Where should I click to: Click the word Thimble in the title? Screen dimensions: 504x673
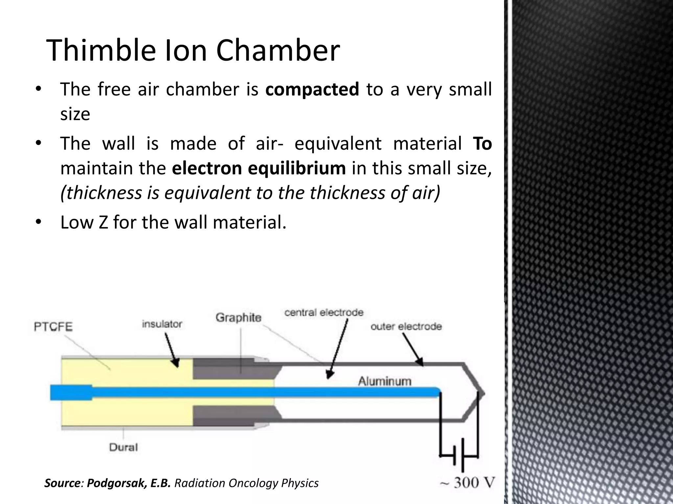coord(101,51)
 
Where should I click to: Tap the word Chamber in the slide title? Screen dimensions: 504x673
coord(278,51)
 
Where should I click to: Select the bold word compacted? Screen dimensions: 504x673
coord(312,89)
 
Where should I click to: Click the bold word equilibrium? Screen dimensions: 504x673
coord(296,168)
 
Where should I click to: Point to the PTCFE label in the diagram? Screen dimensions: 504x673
coord(53,327)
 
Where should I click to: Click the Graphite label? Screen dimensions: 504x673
coord(239,317)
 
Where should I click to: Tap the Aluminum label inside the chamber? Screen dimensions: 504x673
coord(384,381)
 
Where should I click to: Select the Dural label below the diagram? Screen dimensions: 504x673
coord(123,447)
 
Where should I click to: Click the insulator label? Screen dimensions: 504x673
coord(162,324)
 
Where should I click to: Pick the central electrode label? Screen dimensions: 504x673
coord(324,312)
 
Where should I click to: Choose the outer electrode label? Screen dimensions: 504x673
coord(406,326)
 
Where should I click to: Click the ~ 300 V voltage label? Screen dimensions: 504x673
coord(467,483)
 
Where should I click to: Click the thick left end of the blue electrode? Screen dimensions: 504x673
coord(71,393)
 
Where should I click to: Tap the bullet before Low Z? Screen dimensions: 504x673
coord(38,222)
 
